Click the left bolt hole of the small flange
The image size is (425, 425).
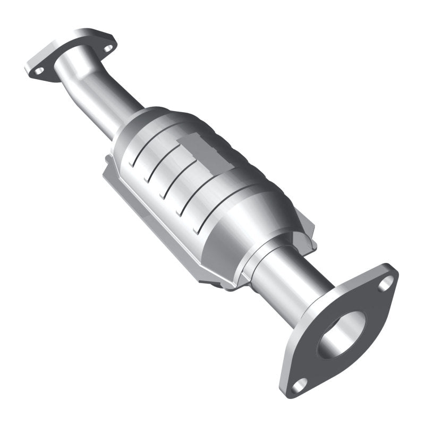pyautogui.click(x=39, y=69)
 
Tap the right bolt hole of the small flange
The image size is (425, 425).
pyautogui.click(x=108, y=48)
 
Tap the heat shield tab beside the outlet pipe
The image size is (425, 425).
pyautogui.click(x=305, y=234)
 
